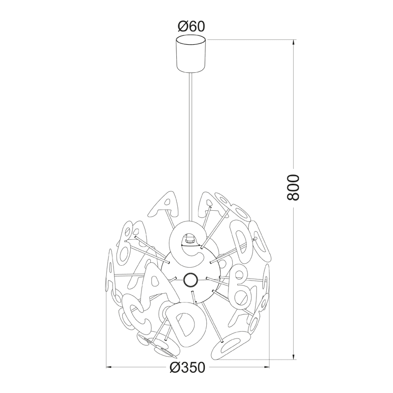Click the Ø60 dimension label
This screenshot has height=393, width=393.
(191, 27)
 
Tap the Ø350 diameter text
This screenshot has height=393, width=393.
(187, 367)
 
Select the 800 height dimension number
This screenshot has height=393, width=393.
(293, 188)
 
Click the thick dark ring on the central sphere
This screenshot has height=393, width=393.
(191, 280)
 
